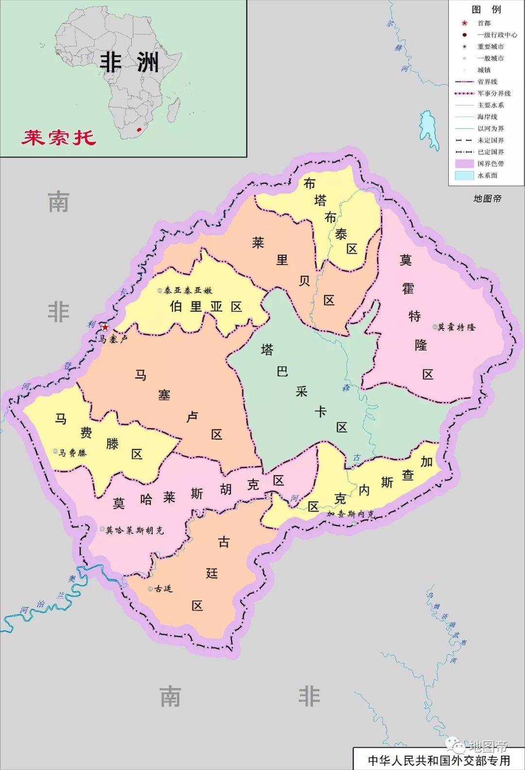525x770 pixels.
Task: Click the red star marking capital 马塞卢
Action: pyautogui.click(x=105, y=327)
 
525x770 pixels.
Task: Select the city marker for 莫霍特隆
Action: pyautogui.click(x=435, y=327)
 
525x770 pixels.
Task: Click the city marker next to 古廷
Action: pyautogui.click(x=150, y=589)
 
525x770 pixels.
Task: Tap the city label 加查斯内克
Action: pyautogui.click(x=350, y=514)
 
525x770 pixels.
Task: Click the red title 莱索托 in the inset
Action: pyautogui.click(x=59, y=138)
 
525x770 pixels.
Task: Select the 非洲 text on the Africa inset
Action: pyautogui.click(x=129, y=62)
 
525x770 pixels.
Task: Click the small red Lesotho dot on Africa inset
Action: pyautogui.click(x=140, y=130)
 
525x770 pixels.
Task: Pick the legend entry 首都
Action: pyautogui.click(x=484, y=23)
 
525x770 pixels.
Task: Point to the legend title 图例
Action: pyautogui.click(x=486, y=9)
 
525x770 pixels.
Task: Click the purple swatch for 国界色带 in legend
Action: pyautogui.click(x=464, y=164)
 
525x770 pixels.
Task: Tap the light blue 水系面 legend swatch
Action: pyautogui.click(x=464, y=175)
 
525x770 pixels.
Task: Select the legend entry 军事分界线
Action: pyautogui.click(x=493, y=93)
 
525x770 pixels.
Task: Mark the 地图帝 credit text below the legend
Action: pyautogui.click(x=487, y=198)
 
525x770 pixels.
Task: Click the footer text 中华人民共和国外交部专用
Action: pyautogui.click(x=438, y=760)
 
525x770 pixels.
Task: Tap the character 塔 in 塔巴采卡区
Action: pyautogui.click(x=267, y=350)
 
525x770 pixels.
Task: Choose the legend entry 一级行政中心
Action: pyautogui.click(x=497, y=35)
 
